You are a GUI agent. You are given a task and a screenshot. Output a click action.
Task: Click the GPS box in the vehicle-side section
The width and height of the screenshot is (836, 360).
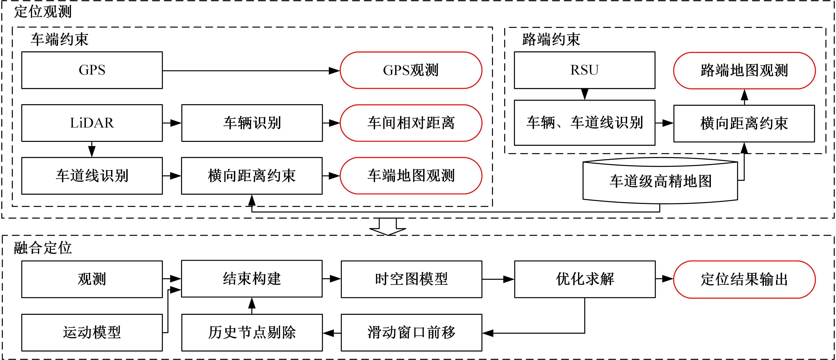pos(92,70)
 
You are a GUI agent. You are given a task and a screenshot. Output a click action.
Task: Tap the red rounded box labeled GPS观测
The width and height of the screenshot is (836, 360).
pos(411,70)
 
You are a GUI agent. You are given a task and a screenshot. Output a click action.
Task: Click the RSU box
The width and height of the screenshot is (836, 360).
pos(585,70)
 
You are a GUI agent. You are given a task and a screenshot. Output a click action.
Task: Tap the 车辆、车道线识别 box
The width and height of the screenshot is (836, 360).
pos(585,123)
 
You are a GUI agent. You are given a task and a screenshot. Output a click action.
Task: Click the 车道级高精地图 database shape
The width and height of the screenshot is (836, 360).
pos(660,181)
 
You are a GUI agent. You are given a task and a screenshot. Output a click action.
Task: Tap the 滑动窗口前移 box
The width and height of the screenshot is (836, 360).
pos(411,332)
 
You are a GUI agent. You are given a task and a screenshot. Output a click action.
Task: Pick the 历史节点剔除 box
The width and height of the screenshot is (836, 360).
pos(252,332)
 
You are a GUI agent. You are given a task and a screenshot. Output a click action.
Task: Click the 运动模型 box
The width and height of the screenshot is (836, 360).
pos(92,332)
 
